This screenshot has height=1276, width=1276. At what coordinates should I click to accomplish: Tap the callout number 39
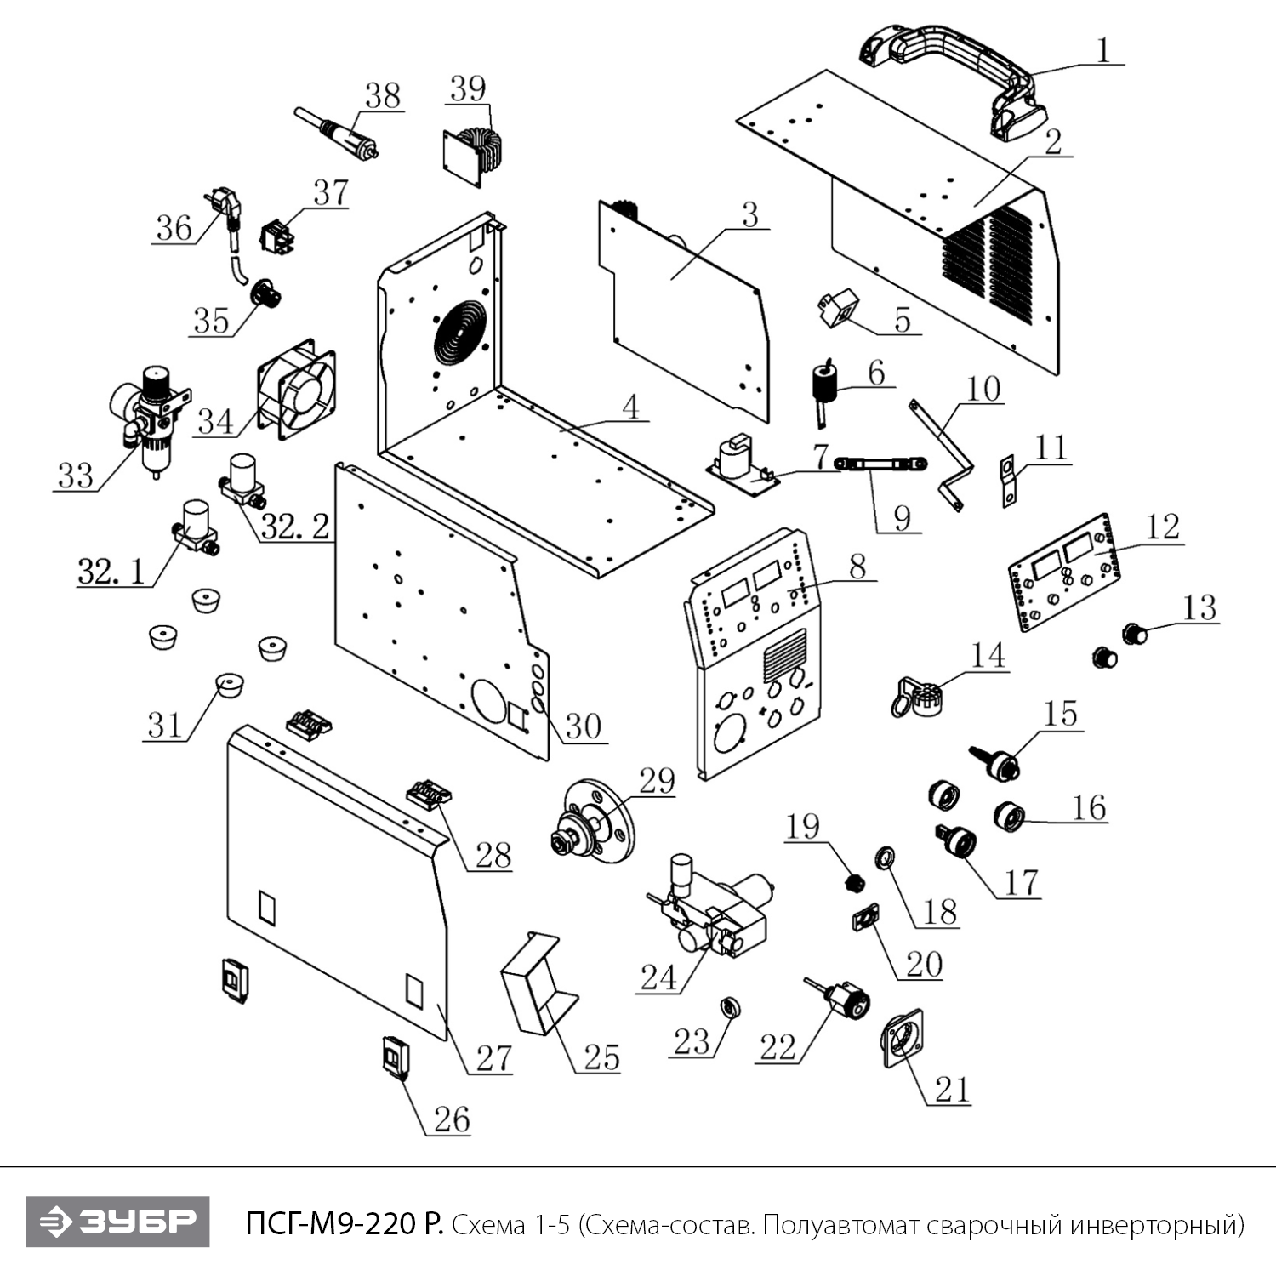coord(468,88)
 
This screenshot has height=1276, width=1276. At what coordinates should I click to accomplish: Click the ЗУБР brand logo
coord(117,1222)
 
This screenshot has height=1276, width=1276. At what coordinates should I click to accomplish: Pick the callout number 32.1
coord(111,572)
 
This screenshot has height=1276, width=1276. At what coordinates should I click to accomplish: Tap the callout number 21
coord(953,1089)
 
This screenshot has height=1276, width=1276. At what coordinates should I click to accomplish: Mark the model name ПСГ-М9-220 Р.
coord(344,1224)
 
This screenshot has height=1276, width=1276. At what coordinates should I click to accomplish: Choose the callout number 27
coord(493,1058)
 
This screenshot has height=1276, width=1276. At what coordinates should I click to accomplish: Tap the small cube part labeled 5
coord(834,310)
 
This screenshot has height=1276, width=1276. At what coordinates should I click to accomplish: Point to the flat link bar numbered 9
coord(880,464)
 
